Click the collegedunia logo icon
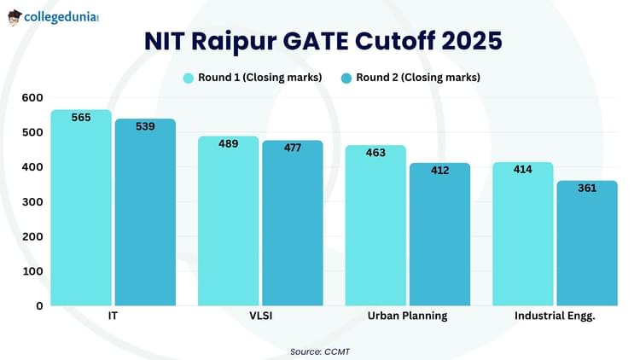pyautogui.click(x=15, y=17)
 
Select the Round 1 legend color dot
pyautogui.click(x=189, y=78)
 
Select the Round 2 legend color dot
pyautogui.click(x=346, y=78)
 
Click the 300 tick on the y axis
pyautogui.click(x=32, y=202)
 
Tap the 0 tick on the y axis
pyautogui.click(x=38, y=305)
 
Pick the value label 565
pyautogui.click(x=81, y=118)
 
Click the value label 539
pyautogui.click(x=145, y=126)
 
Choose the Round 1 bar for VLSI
pyautogui.click(x=228, y=222)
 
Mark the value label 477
pyautogui.click(x=293, y=148)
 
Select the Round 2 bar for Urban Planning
pyautogui.click(x=439, y=235)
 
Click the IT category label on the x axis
pyautogui.click(x=113, y=316)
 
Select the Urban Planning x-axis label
pyautogui.click(x=407, y=316)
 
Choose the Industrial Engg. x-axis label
pyautogui.click(x=554, y=316)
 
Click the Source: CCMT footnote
pyautogui.click(x=320, y=351)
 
